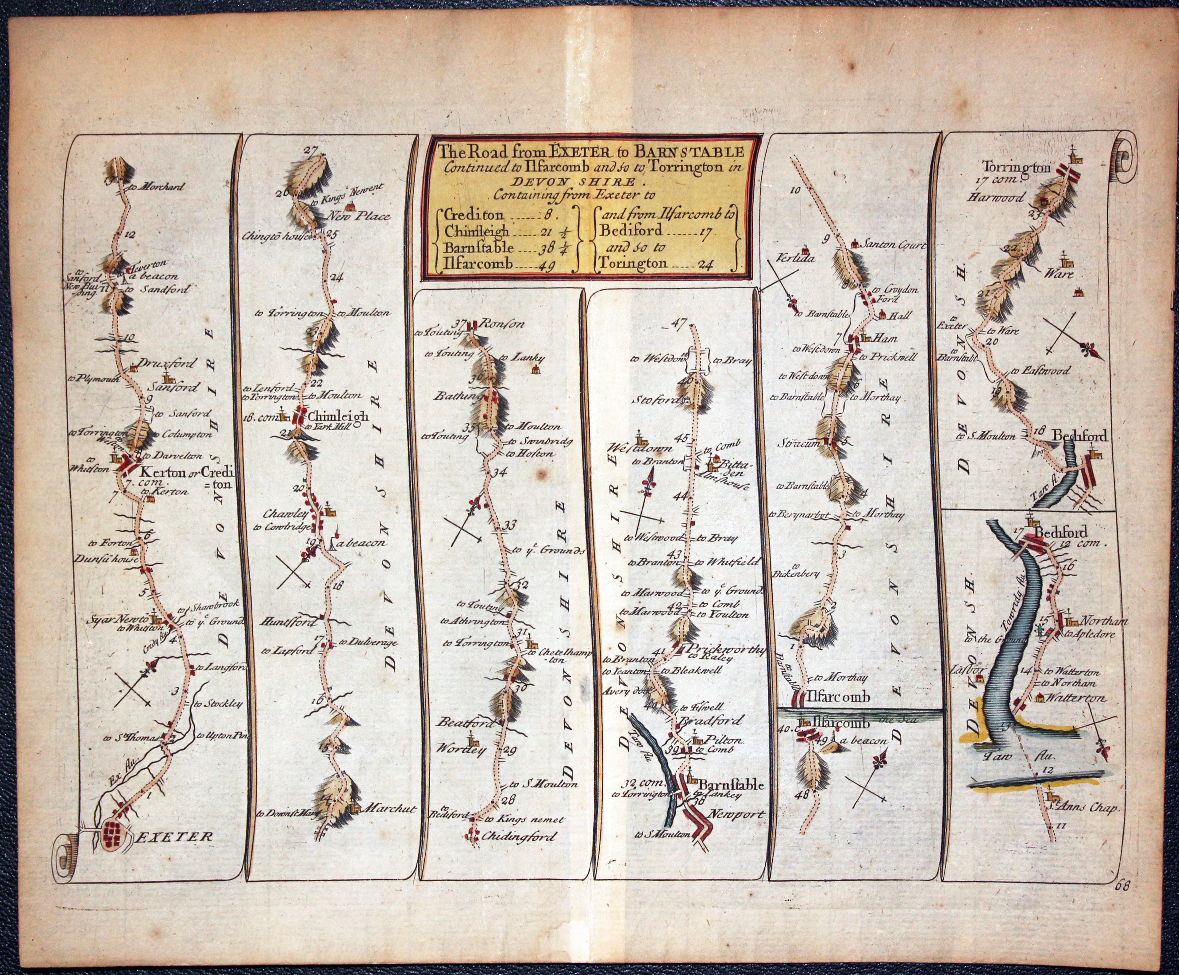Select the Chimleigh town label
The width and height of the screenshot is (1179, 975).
pyautogui.click(x=338, y=417)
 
